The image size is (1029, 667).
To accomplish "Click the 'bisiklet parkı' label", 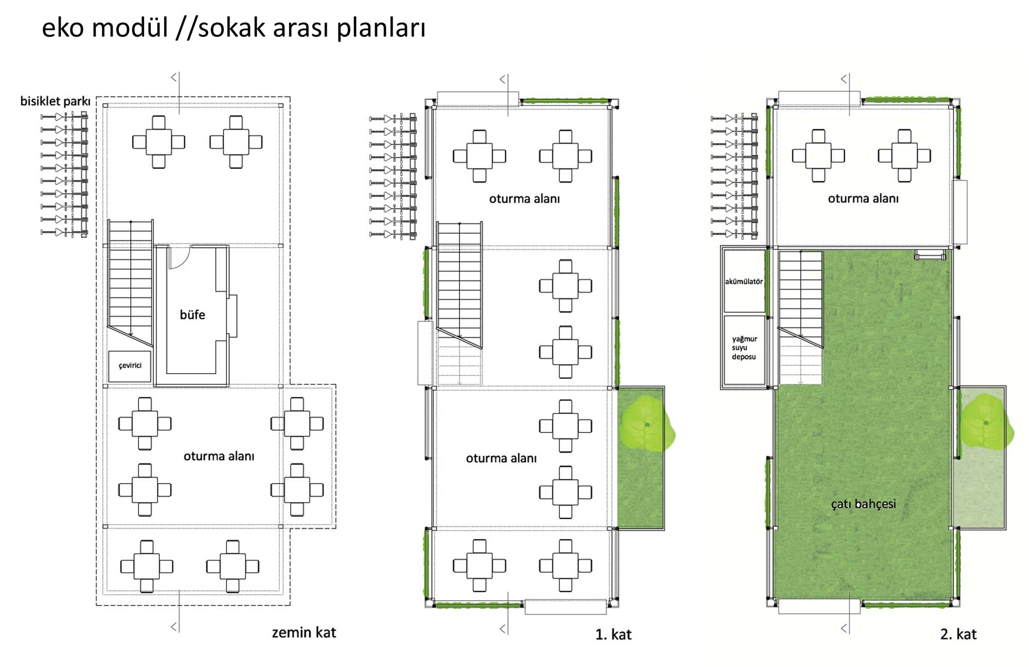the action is pos(55,101).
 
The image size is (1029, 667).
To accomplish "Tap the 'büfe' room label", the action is pos(192,314).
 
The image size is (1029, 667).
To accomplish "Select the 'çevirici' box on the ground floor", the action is pos(130,366).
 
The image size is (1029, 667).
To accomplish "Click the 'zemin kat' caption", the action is pos(304,633).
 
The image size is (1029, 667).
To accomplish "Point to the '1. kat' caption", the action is pos(613,635).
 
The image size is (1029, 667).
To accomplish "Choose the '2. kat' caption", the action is pos(958,634).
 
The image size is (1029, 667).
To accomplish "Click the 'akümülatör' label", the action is pos(744,282).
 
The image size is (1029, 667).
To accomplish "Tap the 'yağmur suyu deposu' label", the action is pos(744,348).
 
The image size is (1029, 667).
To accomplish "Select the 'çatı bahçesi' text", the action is pos(863,504).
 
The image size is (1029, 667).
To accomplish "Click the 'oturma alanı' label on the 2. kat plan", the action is pos(863,199).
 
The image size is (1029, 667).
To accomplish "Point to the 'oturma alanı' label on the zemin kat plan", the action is pos(219,456).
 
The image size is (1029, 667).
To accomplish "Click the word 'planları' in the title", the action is pos(381,28).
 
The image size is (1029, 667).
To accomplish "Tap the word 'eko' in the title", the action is pos(62,28).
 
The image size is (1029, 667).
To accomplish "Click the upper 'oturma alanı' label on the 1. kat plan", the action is pos(524,199).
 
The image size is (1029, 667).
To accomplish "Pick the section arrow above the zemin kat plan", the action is pos(174,77).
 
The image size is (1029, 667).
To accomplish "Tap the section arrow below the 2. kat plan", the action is pos(844,628).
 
